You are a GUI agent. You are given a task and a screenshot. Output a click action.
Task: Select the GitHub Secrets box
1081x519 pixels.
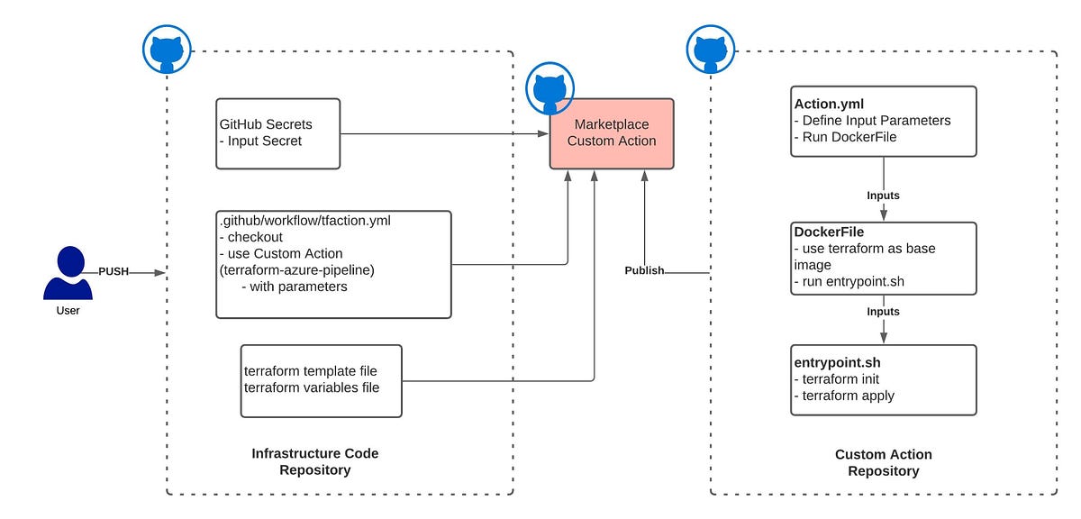click(278, 133)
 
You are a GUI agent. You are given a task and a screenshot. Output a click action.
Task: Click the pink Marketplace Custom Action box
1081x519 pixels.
click(612, 133)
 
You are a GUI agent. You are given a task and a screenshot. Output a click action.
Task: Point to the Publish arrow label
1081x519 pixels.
click(644, 270)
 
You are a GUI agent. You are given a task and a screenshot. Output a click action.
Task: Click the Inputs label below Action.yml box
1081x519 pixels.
click(883, 196)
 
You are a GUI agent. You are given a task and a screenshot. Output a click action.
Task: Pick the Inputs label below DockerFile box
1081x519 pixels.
click(883, 312)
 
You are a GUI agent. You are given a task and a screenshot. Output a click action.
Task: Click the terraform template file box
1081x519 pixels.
click(321, 380)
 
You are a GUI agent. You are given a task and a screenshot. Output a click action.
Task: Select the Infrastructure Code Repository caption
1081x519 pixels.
click(314, 461)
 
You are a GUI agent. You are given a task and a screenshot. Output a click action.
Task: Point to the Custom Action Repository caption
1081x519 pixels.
click(883, 462)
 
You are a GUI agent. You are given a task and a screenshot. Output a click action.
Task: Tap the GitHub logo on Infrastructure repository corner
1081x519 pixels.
click(167, 50)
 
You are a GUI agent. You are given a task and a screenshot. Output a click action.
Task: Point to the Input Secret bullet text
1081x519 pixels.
click(260, 141)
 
